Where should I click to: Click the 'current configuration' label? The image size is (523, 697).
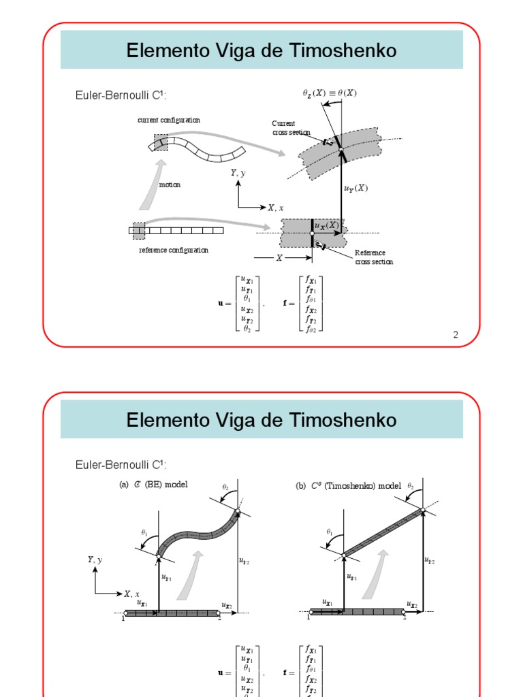point(169,120)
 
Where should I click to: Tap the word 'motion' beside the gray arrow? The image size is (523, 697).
point(170,185)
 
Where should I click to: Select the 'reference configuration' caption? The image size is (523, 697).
point(174,250)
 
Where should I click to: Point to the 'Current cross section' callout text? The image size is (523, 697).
point(291,128)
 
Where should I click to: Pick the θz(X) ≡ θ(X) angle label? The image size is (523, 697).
point(329,93)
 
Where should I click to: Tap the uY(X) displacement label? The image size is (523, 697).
point(355,188)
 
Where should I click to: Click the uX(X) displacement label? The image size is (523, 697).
point(327,225)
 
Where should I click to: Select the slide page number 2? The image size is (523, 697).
point(456,334)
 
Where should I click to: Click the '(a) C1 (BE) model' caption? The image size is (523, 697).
point(153,485)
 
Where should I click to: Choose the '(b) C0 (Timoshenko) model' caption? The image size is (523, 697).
point(348,485)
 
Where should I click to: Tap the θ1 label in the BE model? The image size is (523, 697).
point(144,532)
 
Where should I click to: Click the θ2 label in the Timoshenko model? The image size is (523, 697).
point(411,486)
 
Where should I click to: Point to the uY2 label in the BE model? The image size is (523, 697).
point(244,561)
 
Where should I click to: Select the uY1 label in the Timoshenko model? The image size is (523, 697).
point(352,577)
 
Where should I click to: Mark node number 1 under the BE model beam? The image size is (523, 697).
point(123,618)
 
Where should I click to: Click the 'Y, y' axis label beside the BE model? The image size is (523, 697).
point(95,560)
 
